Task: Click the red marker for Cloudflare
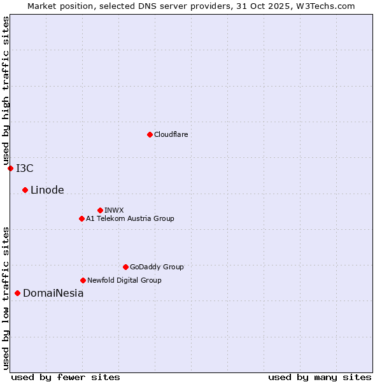point(150,134)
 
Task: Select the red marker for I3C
point(10,168)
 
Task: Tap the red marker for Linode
point(25,190)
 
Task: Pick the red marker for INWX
point(100,210)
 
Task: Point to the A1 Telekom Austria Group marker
point(81,218)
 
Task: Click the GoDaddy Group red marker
point(125,267)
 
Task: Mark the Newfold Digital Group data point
point(83,280)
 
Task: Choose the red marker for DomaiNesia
point(17,293)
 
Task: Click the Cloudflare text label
point(171,134)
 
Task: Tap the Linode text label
point(47,190)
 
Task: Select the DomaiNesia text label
point(53,294)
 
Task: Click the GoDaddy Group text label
point(157,267)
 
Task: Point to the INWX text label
point(114,210)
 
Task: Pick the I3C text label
point(25,168)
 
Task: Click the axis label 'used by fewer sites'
point(66,377)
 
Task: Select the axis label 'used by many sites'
point(320,377)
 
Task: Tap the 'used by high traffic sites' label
point(6,90)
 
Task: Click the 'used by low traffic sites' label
point(6,297)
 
